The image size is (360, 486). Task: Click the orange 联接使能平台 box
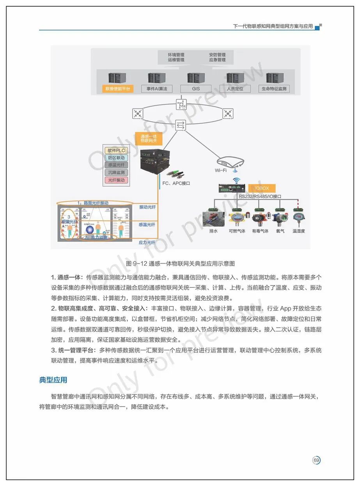pos(117,89)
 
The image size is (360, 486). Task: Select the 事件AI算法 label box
pos(157,89)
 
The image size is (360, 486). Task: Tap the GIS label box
pos(196,89)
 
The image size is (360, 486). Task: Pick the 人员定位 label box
pos(235,89)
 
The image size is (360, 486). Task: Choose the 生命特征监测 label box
pos(274,89)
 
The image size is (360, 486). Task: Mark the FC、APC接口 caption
pos(176,183)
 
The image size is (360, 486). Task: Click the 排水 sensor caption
pos(213,231)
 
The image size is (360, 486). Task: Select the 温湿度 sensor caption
pos(299,231)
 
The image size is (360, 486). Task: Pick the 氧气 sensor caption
pos(280,231)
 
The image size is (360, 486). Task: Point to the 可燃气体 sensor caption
pos(237,231)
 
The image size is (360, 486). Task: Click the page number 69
pos(316,461)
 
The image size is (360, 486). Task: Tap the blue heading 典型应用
pos(53,380)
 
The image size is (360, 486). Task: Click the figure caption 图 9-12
pos(181,264)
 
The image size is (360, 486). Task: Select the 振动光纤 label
pos(147,207)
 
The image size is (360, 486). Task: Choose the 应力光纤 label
pos(147,242)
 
